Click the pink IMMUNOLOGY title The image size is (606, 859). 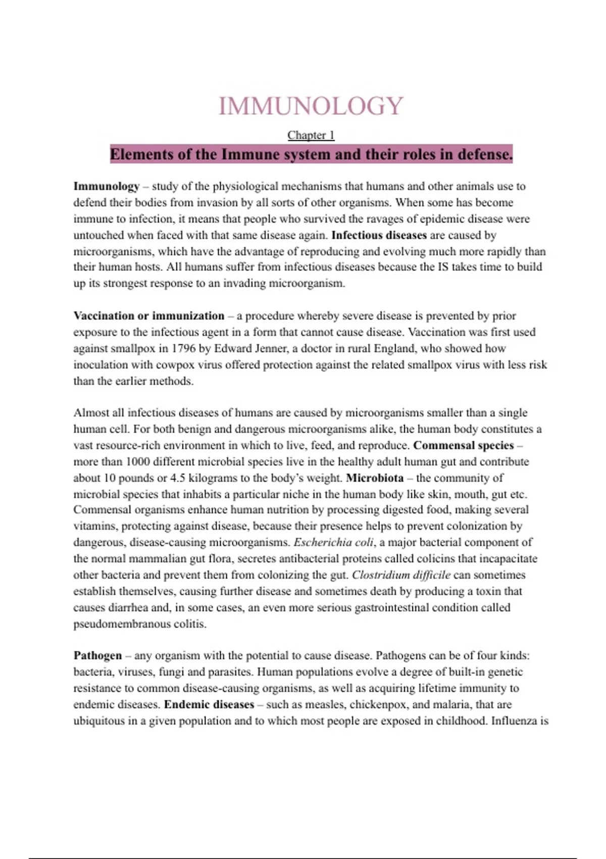tap(311, 106)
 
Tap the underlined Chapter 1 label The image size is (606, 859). tap(311, 135)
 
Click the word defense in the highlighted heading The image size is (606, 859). tap(485, 154)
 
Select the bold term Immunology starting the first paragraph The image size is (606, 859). tap(107, 186)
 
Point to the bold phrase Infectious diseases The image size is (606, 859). tap(379, 235)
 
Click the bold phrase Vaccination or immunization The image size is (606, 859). tap(149, 316)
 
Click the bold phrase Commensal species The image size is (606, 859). tap(463, 446)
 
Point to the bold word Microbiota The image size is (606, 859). tap(375, 478)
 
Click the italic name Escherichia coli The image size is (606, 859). tap(334, 543)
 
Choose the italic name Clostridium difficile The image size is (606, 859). tap(401, 575)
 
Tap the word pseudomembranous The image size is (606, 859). tap(122, 624)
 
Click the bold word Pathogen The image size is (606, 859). tap(98, 656)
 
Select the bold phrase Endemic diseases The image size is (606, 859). tap(209, 705)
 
